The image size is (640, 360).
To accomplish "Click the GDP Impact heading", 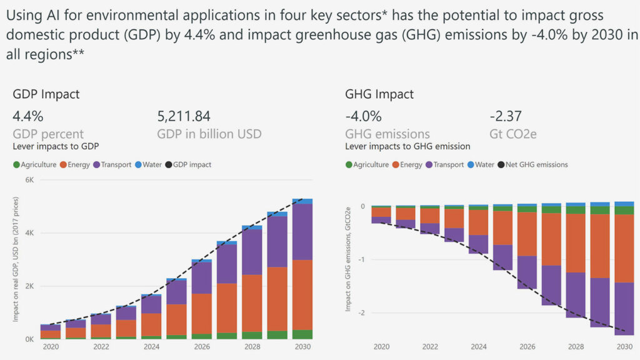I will (46, 94).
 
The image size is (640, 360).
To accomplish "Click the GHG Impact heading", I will (379, 94).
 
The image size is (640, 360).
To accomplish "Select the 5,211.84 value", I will (183, 116).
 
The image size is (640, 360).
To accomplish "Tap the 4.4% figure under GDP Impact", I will (28, 116).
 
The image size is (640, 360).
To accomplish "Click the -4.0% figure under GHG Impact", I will (363, 116).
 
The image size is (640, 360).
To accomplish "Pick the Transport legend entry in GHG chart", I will (446, 164).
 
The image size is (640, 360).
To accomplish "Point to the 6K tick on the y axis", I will (29, 180).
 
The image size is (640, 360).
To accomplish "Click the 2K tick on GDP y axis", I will (29, 286).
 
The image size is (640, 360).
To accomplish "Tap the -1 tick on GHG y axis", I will (363, 259).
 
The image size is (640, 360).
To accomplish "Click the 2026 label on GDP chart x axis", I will (202, 346).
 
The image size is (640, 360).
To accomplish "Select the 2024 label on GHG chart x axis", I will (478, 346).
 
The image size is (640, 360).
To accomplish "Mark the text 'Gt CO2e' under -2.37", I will (512, 134).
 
